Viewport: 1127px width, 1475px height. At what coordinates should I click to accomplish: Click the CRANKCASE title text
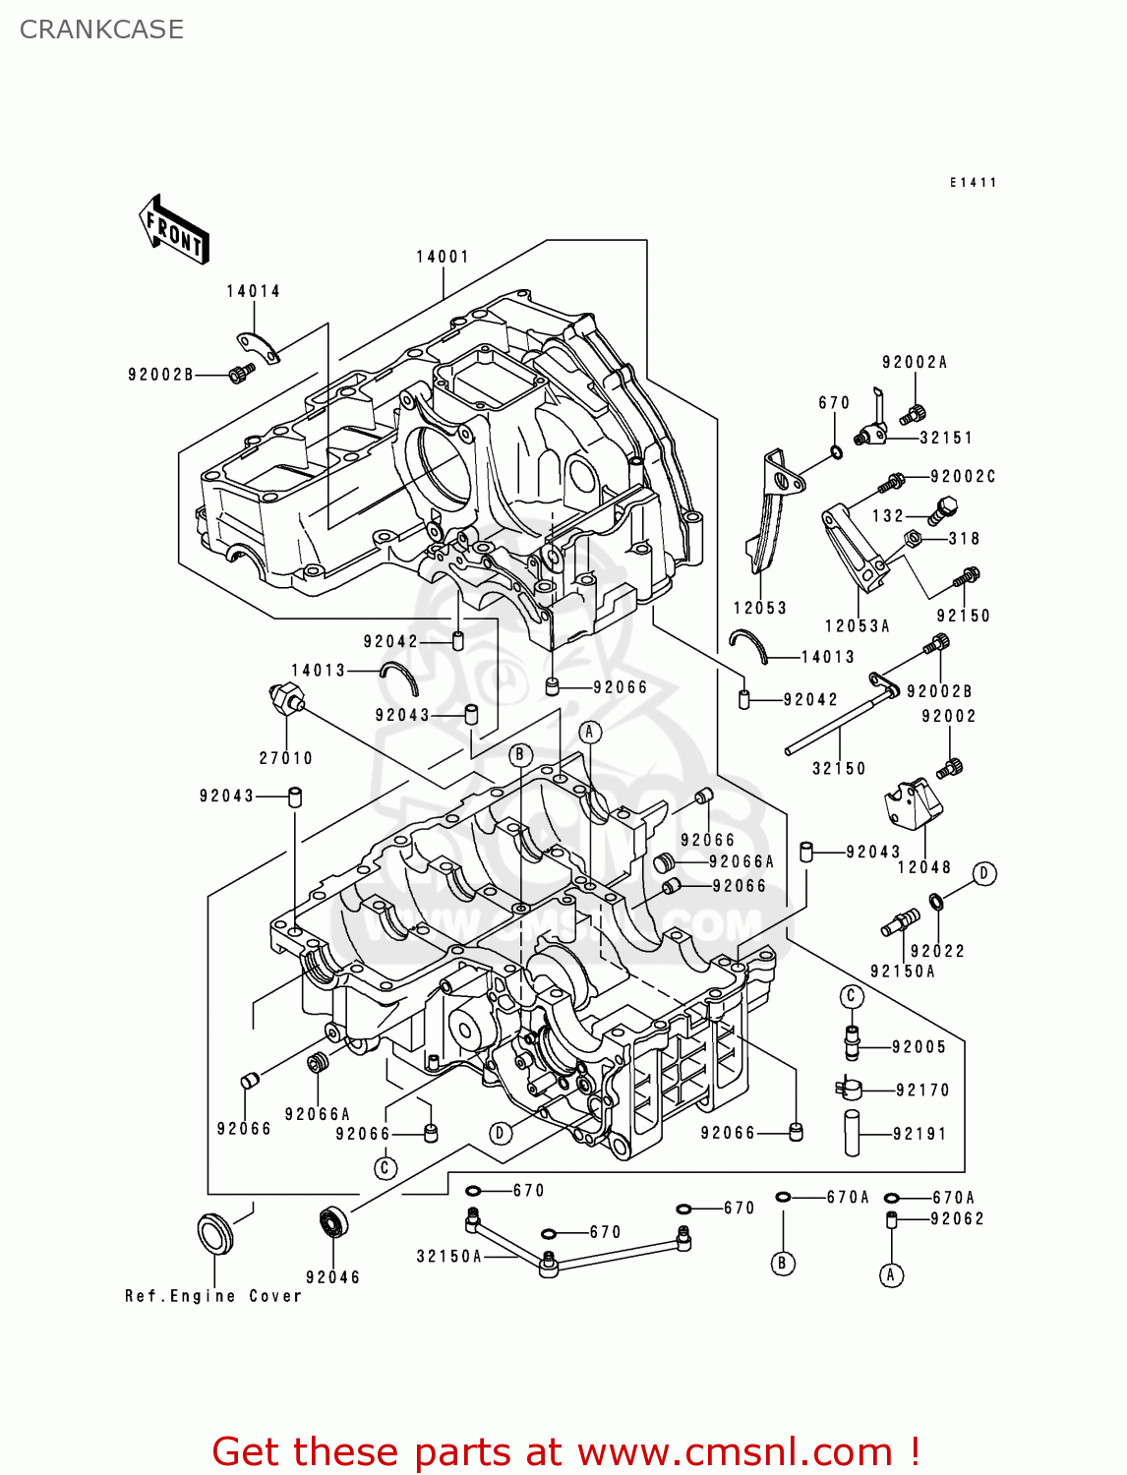coord(101,29)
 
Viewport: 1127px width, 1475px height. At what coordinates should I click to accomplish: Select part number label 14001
coord(443,257)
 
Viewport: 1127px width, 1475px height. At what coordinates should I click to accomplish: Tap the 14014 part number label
coord(253,291)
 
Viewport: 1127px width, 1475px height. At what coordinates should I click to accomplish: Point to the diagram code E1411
coord(973,183)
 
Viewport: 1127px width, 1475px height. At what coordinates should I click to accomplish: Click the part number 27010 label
coord(285,758)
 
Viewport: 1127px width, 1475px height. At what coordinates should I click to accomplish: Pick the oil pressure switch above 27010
coord(286,697)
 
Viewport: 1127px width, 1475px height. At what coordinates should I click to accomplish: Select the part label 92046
coord(332,1277)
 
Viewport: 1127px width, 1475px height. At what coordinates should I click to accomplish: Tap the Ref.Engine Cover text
coord(212,1296)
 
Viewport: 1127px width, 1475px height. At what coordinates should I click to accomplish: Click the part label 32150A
coord(448,1256)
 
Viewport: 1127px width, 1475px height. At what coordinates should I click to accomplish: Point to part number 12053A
coord(857,626)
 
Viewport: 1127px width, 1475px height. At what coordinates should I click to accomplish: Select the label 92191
coord(919,1134)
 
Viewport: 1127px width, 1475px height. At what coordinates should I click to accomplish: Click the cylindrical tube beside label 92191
coord(852,1133)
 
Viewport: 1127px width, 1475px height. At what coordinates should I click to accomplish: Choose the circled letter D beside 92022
coord(983,873)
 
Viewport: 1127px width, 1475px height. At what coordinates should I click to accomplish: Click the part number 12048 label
coord(923,867)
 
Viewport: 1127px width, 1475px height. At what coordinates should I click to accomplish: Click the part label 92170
coord(922,1090)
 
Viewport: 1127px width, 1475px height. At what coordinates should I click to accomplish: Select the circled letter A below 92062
coord(890,1275)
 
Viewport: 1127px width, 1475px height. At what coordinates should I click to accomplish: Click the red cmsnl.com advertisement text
coord(565,1451)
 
